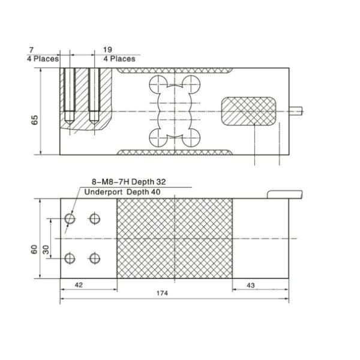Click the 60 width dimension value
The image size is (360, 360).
click(34, 248)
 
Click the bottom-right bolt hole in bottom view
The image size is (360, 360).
click(94, 258)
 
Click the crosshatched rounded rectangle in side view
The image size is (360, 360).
click(249, 111)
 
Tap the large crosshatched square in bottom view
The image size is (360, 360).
click(174, 238)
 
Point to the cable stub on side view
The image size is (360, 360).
click(297, 110)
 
